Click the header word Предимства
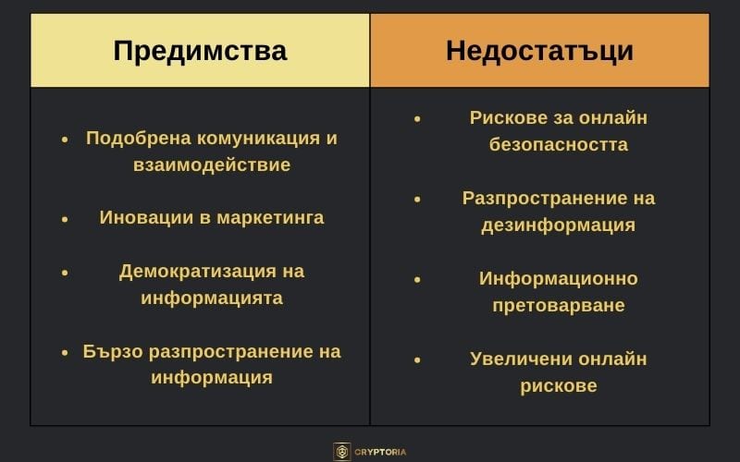click(x=200, y=50)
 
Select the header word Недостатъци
click(x=539, y=50)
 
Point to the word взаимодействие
click(x=212, y=165)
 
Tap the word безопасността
click(x=558, y=145)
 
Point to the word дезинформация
click(x=558, y=225)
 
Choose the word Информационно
click(x=558, y=278)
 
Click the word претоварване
click(x=558, y=305)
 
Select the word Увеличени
click(x=518, y=359)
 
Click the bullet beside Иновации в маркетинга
click(x=65, y=219)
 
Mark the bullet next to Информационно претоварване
click(x=417, y=278)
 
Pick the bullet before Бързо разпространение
click(x=65, y=353)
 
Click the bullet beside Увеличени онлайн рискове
click(x=417, y=359)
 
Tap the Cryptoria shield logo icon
click(x=342, y=452)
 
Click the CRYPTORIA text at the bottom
click(x=382, y=452)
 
